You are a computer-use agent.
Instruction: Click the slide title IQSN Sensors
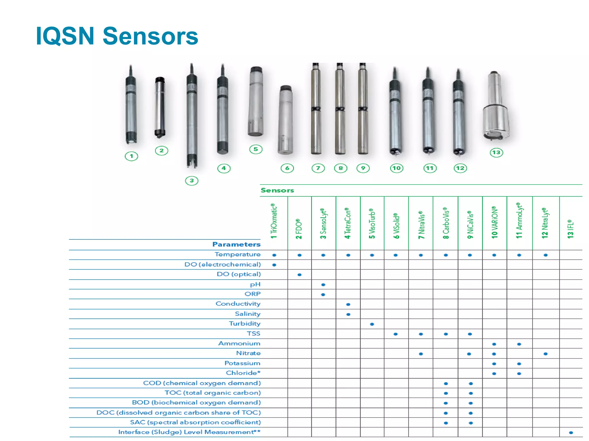click(117, 36)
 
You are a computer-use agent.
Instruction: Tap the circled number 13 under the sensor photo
click(496, 152)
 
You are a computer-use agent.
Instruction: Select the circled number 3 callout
click(192, 181)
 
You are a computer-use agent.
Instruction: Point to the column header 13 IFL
click(571, 229)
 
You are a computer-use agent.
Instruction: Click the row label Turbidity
click(244, 324)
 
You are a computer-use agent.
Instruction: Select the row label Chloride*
click(243, 373)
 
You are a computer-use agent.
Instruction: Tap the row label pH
click(255, 284)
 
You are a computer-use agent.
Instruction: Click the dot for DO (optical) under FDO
click(299, 275)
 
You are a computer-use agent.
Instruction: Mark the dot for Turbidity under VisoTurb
click(372, 324)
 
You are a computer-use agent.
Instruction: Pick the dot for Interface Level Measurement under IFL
click(571, 433)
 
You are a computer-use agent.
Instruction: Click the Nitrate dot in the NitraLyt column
click(546, 354)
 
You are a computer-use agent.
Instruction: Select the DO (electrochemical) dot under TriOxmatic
click(274, 265)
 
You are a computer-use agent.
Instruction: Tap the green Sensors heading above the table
click(277, 190)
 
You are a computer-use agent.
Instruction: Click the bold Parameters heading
click(236, 244)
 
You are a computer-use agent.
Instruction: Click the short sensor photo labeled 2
click(160, 107)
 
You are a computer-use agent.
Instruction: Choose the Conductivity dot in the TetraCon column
click(348, 304)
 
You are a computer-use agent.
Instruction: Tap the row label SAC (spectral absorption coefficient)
click(195, 422)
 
